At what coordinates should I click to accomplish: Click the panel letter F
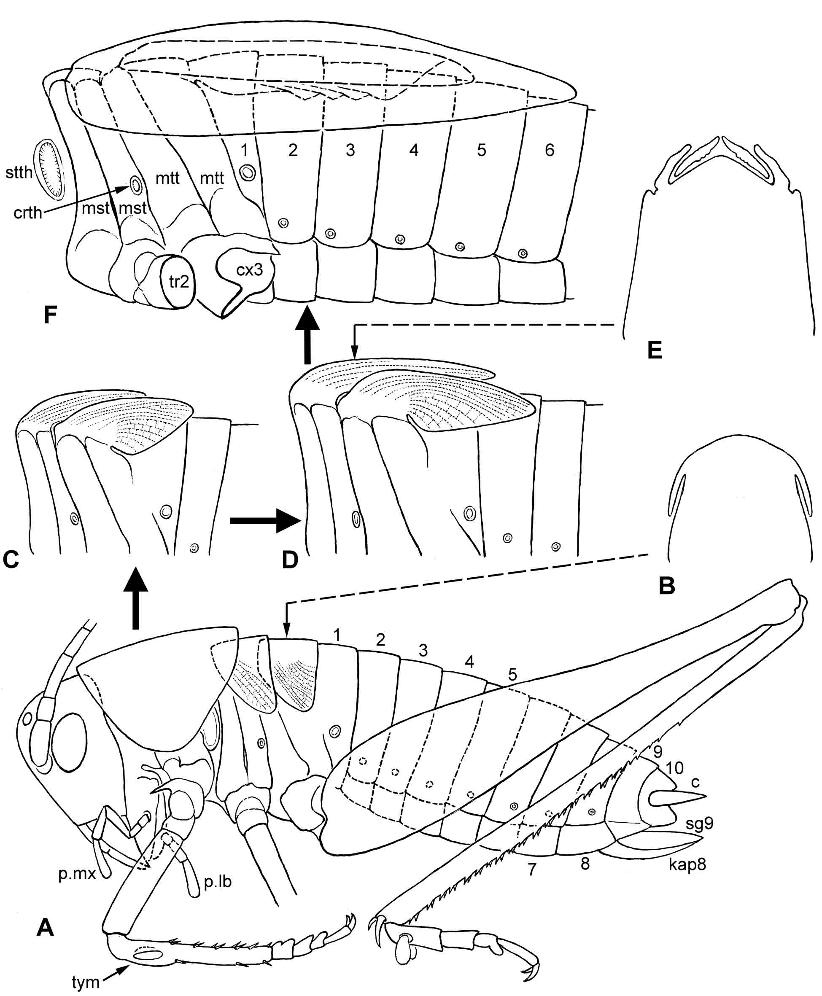pyautogui.click(x=51, y=315)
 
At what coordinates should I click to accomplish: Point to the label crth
pyautogui.click(x=28, y=213)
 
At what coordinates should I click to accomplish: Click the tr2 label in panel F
pyautogui.click(x=179, y=282)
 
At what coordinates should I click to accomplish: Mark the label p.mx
pyautogui.click(x=77, y=874)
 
